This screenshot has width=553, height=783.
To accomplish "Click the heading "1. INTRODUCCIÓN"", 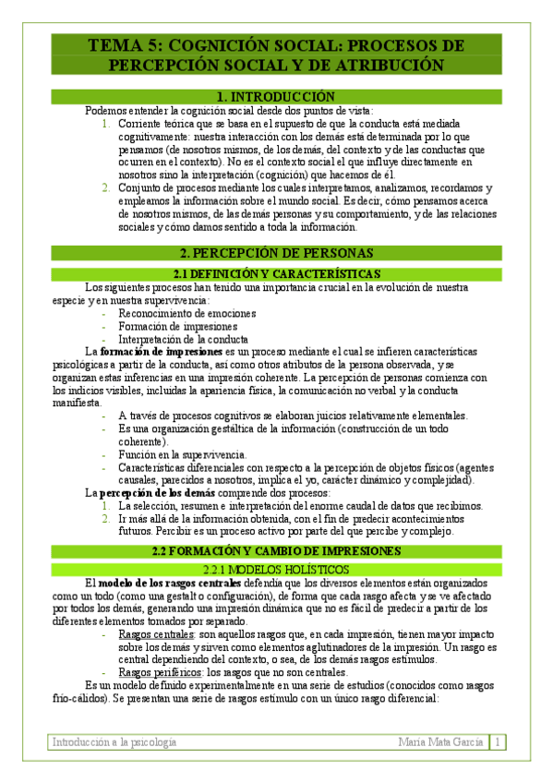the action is tap(276, 97).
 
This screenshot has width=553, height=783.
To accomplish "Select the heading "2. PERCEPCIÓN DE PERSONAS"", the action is tap(276, 252).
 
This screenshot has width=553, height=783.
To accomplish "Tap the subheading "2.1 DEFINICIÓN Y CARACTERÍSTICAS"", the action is tap(276, 274).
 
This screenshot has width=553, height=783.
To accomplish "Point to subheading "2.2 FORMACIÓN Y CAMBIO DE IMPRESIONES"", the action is tap(276, 551).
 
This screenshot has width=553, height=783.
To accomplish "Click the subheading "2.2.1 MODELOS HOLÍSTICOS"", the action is tap(276, 569).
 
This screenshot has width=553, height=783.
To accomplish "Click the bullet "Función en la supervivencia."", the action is tap(182, 454).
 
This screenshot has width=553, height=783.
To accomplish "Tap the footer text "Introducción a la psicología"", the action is tap(114, 742).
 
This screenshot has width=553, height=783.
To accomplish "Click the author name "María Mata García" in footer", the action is tap(441, 742).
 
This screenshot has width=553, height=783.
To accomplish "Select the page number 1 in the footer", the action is tap(498, 742).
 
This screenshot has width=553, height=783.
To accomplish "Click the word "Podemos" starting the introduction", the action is tap(105, 110).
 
